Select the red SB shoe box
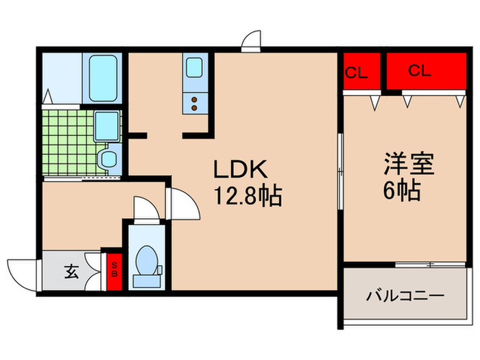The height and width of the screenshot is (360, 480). tap(115, 269)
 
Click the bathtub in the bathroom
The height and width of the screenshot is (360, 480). tap(103, 77)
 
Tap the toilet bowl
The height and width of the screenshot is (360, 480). tap(146, 263)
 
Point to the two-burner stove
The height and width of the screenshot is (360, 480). tap(193, 104)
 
